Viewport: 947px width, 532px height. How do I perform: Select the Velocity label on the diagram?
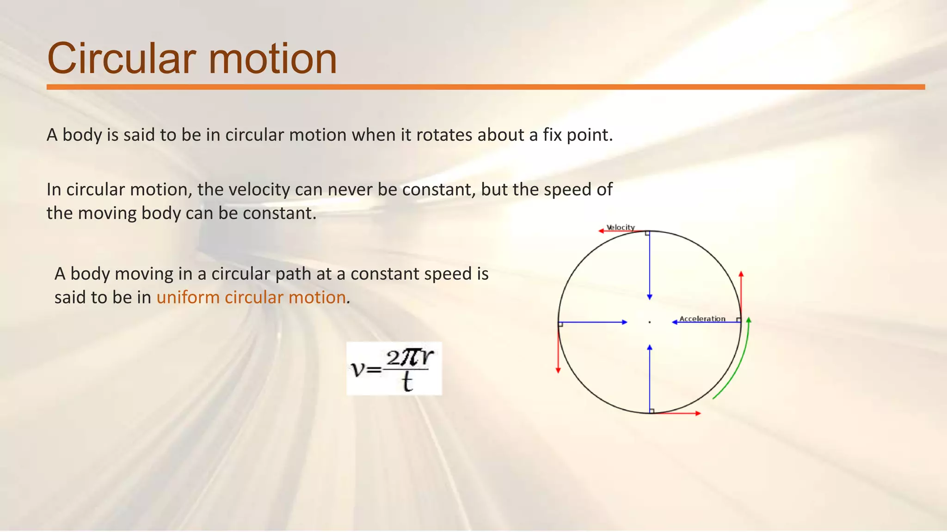pyautogui.click(x=621, y=227)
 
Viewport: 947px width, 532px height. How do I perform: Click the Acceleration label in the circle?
pyautogui.click(x=702, y=319)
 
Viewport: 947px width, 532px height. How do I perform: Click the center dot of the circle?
pyautogui.click(x=650, y=322)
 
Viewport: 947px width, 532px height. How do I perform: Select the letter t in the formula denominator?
pyautogui.click(x=407, y=382)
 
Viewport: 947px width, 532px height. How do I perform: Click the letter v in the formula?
pyautogui.click(x=358, y=369)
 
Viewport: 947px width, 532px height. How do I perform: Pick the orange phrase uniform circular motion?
pyautogui.click(x=251, y=297)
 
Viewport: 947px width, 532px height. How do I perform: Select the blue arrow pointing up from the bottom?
pyautogui.click(x=650, y=379)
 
